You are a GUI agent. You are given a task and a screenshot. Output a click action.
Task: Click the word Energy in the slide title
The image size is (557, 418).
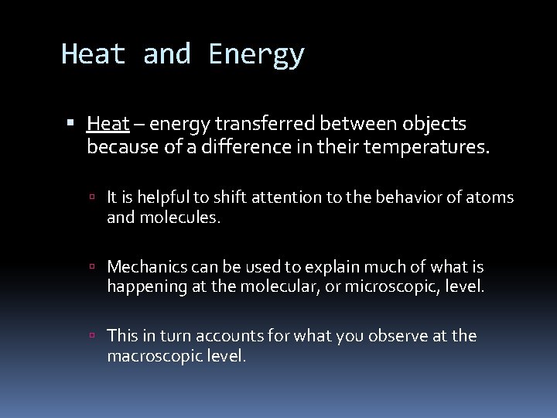click(x=256, y=55)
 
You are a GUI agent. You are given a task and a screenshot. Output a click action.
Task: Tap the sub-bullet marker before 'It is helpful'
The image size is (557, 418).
click(x=92, y=198)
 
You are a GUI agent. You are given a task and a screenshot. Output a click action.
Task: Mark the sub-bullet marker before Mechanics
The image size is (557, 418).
click(x=92, y=268)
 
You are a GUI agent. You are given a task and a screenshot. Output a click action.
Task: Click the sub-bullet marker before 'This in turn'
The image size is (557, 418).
click(x=92, y=337)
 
